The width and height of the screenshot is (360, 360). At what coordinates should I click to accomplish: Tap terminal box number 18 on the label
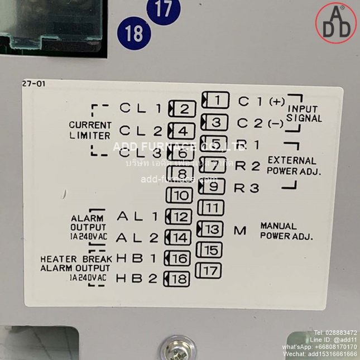[177, 279]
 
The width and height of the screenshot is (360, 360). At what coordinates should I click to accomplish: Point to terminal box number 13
[212, 229]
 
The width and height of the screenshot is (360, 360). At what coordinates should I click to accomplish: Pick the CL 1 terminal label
[140, 109]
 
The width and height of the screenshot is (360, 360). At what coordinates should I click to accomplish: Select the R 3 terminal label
[247, 188]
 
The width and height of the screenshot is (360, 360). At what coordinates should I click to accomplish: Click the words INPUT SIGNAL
[304, 113]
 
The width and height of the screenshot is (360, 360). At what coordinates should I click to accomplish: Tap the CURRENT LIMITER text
[90, 130]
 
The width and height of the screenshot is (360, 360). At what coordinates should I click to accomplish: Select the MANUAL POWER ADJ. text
[286, 231]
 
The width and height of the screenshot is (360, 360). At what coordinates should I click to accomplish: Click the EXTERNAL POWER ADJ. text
[294, 166]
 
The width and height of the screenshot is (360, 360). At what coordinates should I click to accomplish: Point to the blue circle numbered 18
[134, 33]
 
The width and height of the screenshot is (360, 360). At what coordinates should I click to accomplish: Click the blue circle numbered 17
[164, 11]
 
